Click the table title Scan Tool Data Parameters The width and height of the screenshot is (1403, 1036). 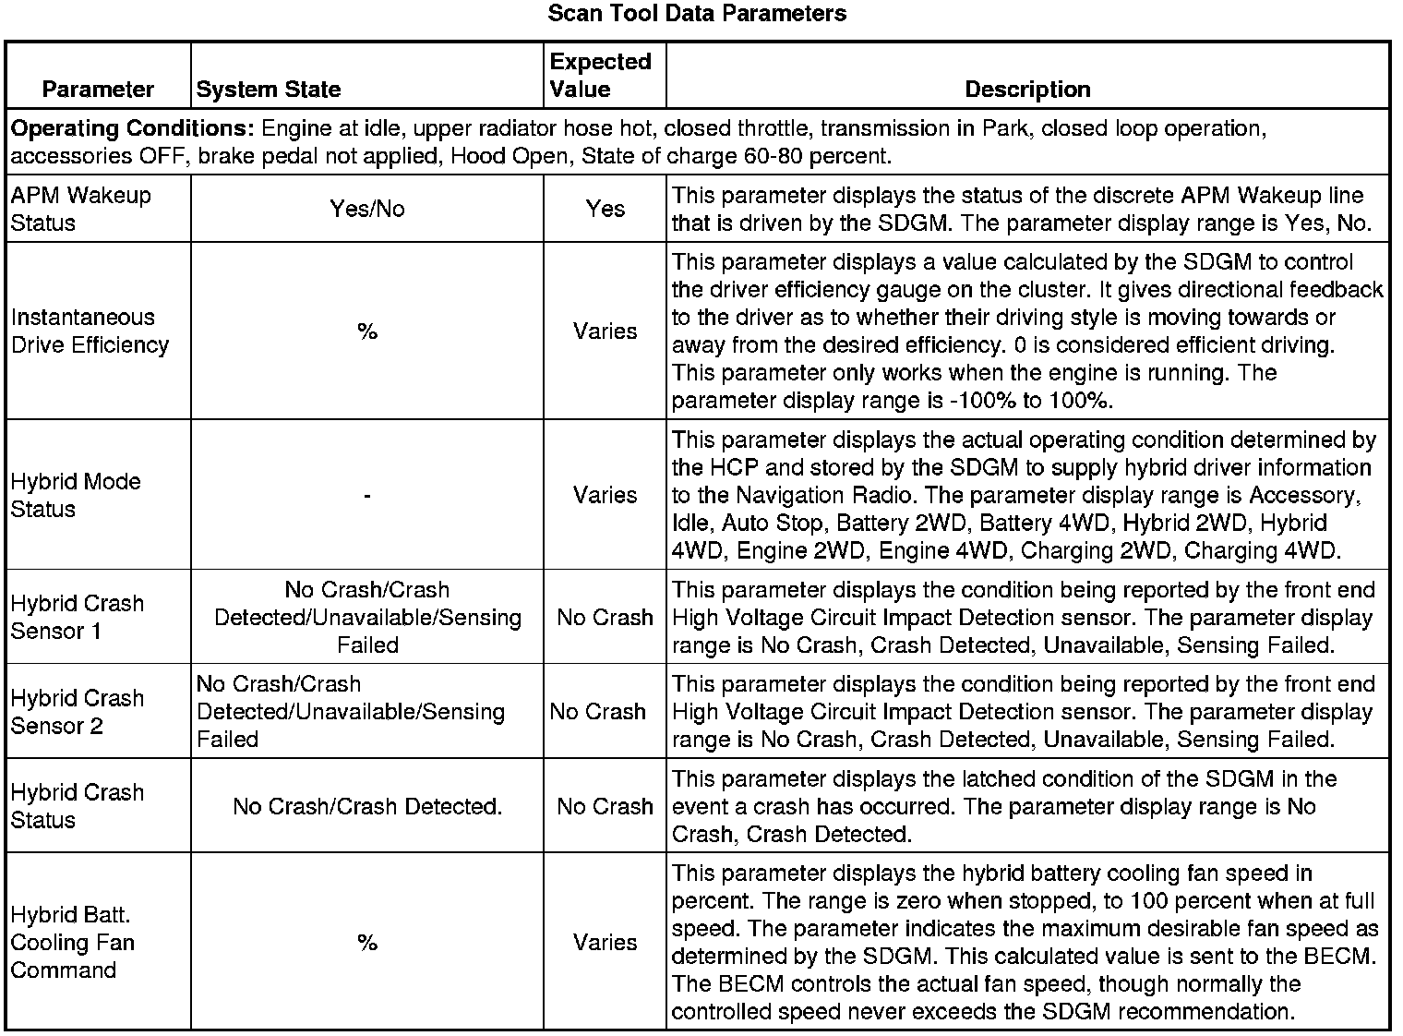697,14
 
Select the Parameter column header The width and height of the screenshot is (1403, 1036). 98,90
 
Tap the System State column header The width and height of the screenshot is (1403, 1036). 269,90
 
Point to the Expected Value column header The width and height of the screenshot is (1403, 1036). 600,76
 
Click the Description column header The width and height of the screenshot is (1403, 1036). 1027,90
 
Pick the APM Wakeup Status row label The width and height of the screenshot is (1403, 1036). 80,209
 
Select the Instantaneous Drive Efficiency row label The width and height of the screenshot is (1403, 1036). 90,331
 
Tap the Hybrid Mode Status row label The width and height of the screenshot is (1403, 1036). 76,495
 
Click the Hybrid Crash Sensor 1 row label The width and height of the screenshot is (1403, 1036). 78,617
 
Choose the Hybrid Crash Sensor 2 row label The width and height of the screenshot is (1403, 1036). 78,712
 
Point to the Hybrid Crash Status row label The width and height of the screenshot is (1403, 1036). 78,806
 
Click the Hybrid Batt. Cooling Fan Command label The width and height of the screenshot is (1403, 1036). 72,942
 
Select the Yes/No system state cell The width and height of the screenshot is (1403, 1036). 367,209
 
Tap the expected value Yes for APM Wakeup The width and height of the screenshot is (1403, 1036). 605,209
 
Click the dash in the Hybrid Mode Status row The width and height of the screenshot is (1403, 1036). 367,496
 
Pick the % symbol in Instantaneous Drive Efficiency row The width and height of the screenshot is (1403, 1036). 367,331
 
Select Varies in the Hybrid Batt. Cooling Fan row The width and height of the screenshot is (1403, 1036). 605,942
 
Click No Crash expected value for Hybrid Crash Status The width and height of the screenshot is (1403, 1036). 605,806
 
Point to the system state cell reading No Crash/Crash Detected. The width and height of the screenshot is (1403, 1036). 367,806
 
